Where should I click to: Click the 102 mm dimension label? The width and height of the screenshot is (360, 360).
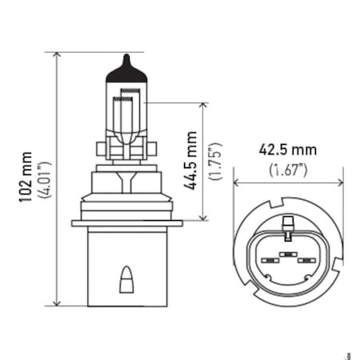pyautogui.click(x=28, y=178)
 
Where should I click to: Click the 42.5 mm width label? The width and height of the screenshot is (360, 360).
pyautogui.click(x=287, y=150)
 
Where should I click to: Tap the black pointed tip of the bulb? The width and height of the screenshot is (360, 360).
pyautogui.click(x=126, y=62)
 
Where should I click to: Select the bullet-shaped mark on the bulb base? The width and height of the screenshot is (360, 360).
pyautogui.click(x=126, y=279)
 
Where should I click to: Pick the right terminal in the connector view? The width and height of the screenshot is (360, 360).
pyautogui.click(x=304, y=260)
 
